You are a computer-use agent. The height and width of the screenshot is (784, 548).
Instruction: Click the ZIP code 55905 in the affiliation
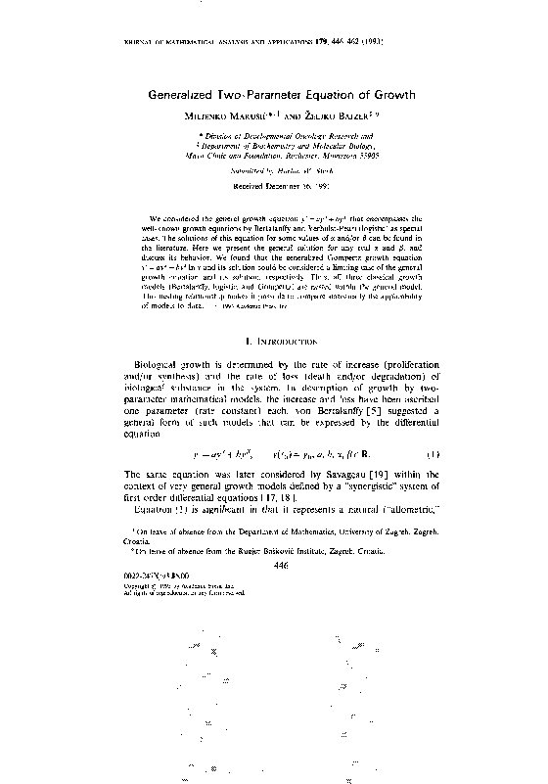pyautogui.click(x=366, y=155)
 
